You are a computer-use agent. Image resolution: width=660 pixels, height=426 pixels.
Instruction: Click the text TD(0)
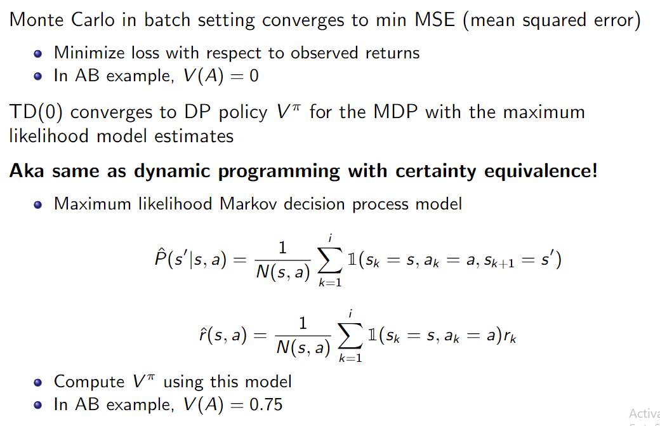(x=36, y=112)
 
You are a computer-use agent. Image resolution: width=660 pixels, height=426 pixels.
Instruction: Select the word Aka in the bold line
(x=27, y=171)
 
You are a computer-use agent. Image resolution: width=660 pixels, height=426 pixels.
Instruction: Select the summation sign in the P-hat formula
(x=330, y=260)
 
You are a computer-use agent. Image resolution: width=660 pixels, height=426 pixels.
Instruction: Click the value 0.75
(x=267, y=405)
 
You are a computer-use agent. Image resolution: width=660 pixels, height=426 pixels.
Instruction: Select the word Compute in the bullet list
(x=89, y=382)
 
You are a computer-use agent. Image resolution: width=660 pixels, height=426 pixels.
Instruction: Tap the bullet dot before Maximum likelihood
(x=38, y=204)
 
